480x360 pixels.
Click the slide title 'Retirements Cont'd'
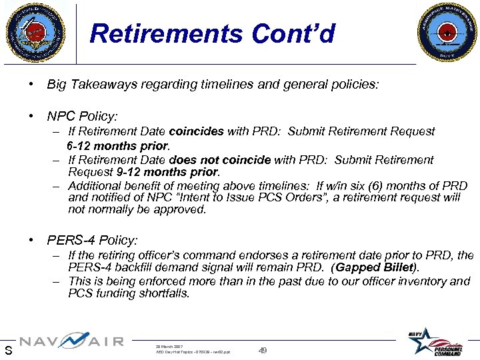[x=212, y=33]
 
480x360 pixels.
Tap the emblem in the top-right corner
[x=445, y=31]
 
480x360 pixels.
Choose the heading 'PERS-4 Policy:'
[x=92, y=239]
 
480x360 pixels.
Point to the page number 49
[x=263, y=350]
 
